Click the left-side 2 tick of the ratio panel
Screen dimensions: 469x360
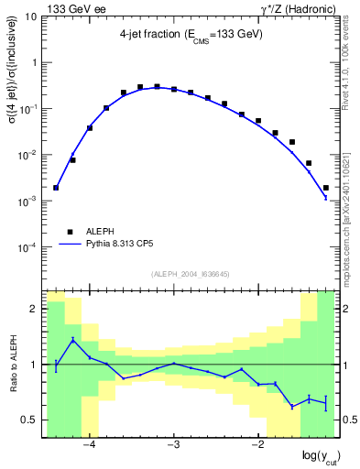(35, 310)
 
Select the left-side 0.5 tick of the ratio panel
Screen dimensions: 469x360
(31, 420)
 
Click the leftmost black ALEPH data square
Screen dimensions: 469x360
(56, 188)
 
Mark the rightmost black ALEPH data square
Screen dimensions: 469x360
(326, 188)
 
